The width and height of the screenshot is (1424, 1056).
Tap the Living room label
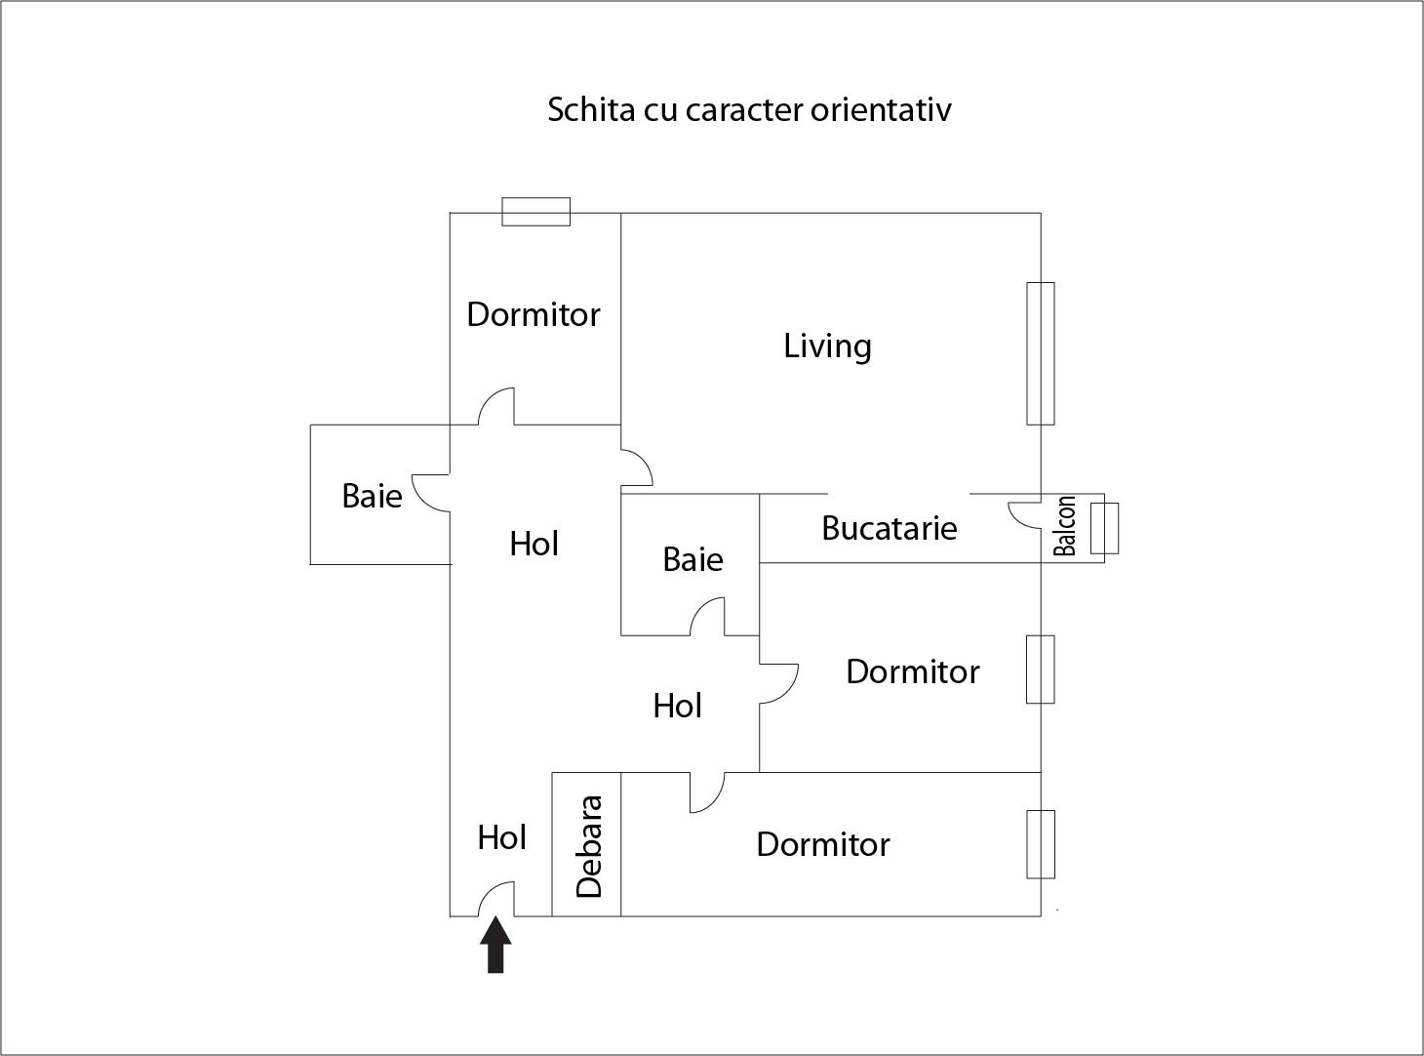pos(827,345)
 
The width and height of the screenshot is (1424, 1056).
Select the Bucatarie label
pos(889,528)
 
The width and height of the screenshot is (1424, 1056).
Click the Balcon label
pos(1065,526)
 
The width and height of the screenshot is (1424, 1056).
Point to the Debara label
pos(589,846)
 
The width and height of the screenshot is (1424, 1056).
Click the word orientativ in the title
pos(881,109)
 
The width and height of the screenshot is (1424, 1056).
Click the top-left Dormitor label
pos(534,314)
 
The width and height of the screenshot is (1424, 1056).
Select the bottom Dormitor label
pos(823,844)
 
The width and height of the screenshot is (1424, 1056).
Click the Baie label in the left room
pos(372,496)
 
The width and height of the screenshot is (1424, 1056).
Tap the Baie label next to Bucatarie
pos(692,559)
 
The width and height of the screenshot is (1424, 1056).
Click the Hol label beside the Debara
pos(502,837)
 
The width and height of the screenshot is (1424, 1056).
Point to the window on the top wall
pos(535,212)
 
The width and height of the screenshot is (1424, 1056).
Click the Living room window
pos(1041,353)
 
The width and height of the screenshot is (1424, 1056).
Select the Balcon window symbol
pos(1104,528)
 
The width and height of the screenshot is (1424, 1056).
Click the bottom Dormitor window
pos(1041,844)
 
